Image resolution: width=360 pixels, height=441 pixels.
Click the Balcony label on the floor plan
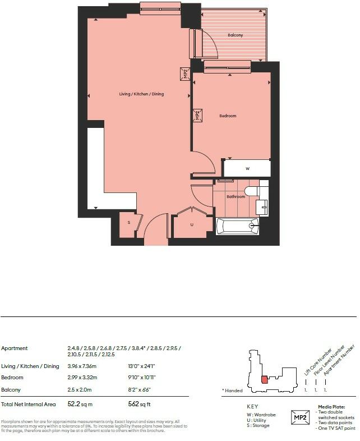[236, 35]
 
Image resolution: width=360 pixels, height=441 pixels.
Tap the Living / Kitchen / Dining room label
[141, 94]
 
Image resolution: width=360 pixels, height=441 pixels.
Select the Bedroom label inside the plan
[228, 116]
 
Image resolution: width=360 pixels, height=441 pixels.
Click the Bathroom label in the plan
[236, 197]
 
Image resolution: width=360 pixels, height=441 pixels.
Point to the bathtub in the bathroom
[238, 226]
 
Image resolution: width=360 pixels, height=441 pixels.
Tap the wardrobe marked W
[247, 168]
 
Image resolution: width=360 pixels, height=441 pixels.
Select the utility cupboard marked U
[192, 225]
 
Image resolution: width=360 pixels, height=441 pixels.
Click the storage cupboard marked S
[128, 223]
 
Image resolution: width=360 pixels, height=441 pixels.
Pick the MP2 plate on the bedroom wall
[197, 116]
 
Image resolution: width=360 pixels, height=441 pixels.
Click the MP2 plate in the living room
[184, 73]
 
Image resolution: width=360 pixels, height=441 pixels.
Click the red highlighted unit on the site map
[264, 380]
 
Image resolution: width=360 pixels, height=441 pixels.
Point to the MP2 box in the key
[301, 417]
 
